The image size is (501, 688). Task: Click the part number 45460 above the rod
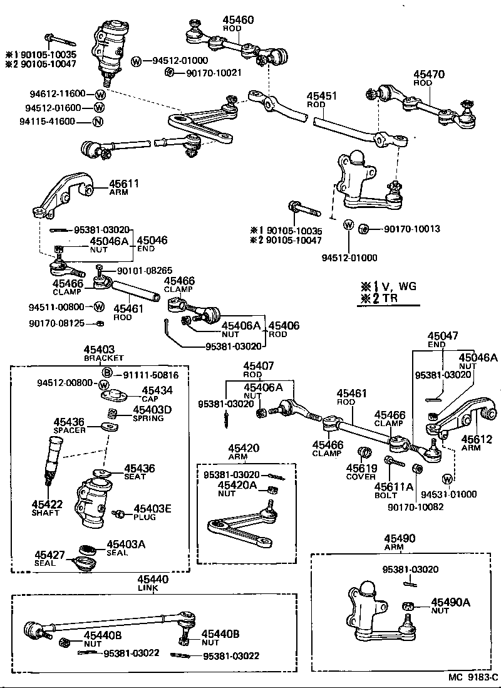[x=238, y=20]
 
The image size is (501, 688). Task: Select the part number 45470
[x=428, y=74]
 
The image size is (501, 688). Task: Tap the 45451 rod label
[x=321, y=96]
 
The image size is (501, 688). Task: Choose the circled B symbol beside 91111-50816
[x=107, y=374]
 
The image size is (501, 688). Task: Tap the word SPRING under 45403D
[x=148, y=419]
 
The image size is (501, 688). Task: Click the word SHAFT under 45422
[x=46, y=513]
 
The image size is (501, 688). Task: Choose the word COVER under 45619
[x=361, y=476]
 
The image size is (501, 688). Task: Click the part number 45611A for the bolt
[x=394, y=486]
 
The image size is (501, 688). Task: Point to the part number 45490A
[x=450, y=603]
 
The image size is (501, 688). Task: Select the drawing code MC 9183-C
[x=472, y=678]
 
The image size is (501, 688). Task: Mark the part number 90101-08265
[x=143, y=271]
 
